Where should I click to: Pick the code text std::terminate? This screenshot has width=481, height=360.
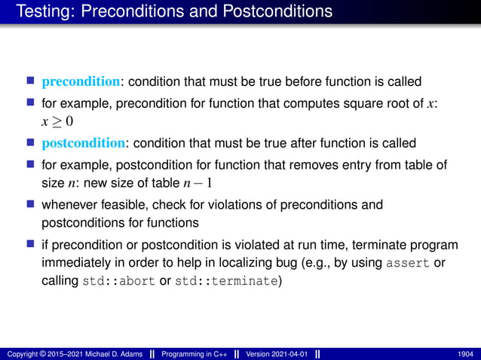coord(225,282)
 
